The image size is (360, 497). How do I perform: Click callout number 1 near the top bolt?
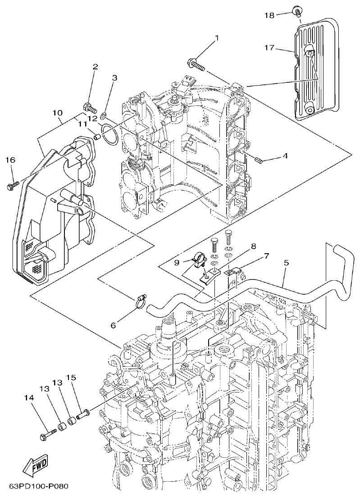pyautogui.click(x=216, y=38)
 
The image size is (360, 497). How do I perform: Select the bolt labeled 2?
pyautogui.click(x=90, y=108)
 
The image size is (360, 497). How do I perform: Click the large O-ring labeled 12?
pyautogui.click(x=109, y=134)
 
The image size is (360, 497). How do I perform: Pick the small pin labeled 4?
pyautogui.click(x=259, y=160)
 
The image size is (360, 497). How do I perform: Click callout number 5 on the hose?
pyautogui.click(x=287, y=262)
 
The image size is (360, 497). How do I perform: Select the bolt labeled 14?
pyautogui.click(x=47, y=435)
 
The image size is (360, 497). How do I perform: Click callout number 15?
pyautogui.click(x=71, y=377)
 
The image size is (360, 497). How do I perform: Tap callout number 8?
pyautogui.click(x=254, y=246)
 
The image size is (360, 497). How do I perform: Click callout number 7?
pyautogui.click(x=266, y=256)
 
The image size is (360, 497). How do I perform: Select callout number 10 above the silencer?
pyautogui.click(x=57, y=111)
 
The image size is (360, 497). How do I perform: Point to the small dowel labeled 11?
pyautogui.click(x=96, y=136)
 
